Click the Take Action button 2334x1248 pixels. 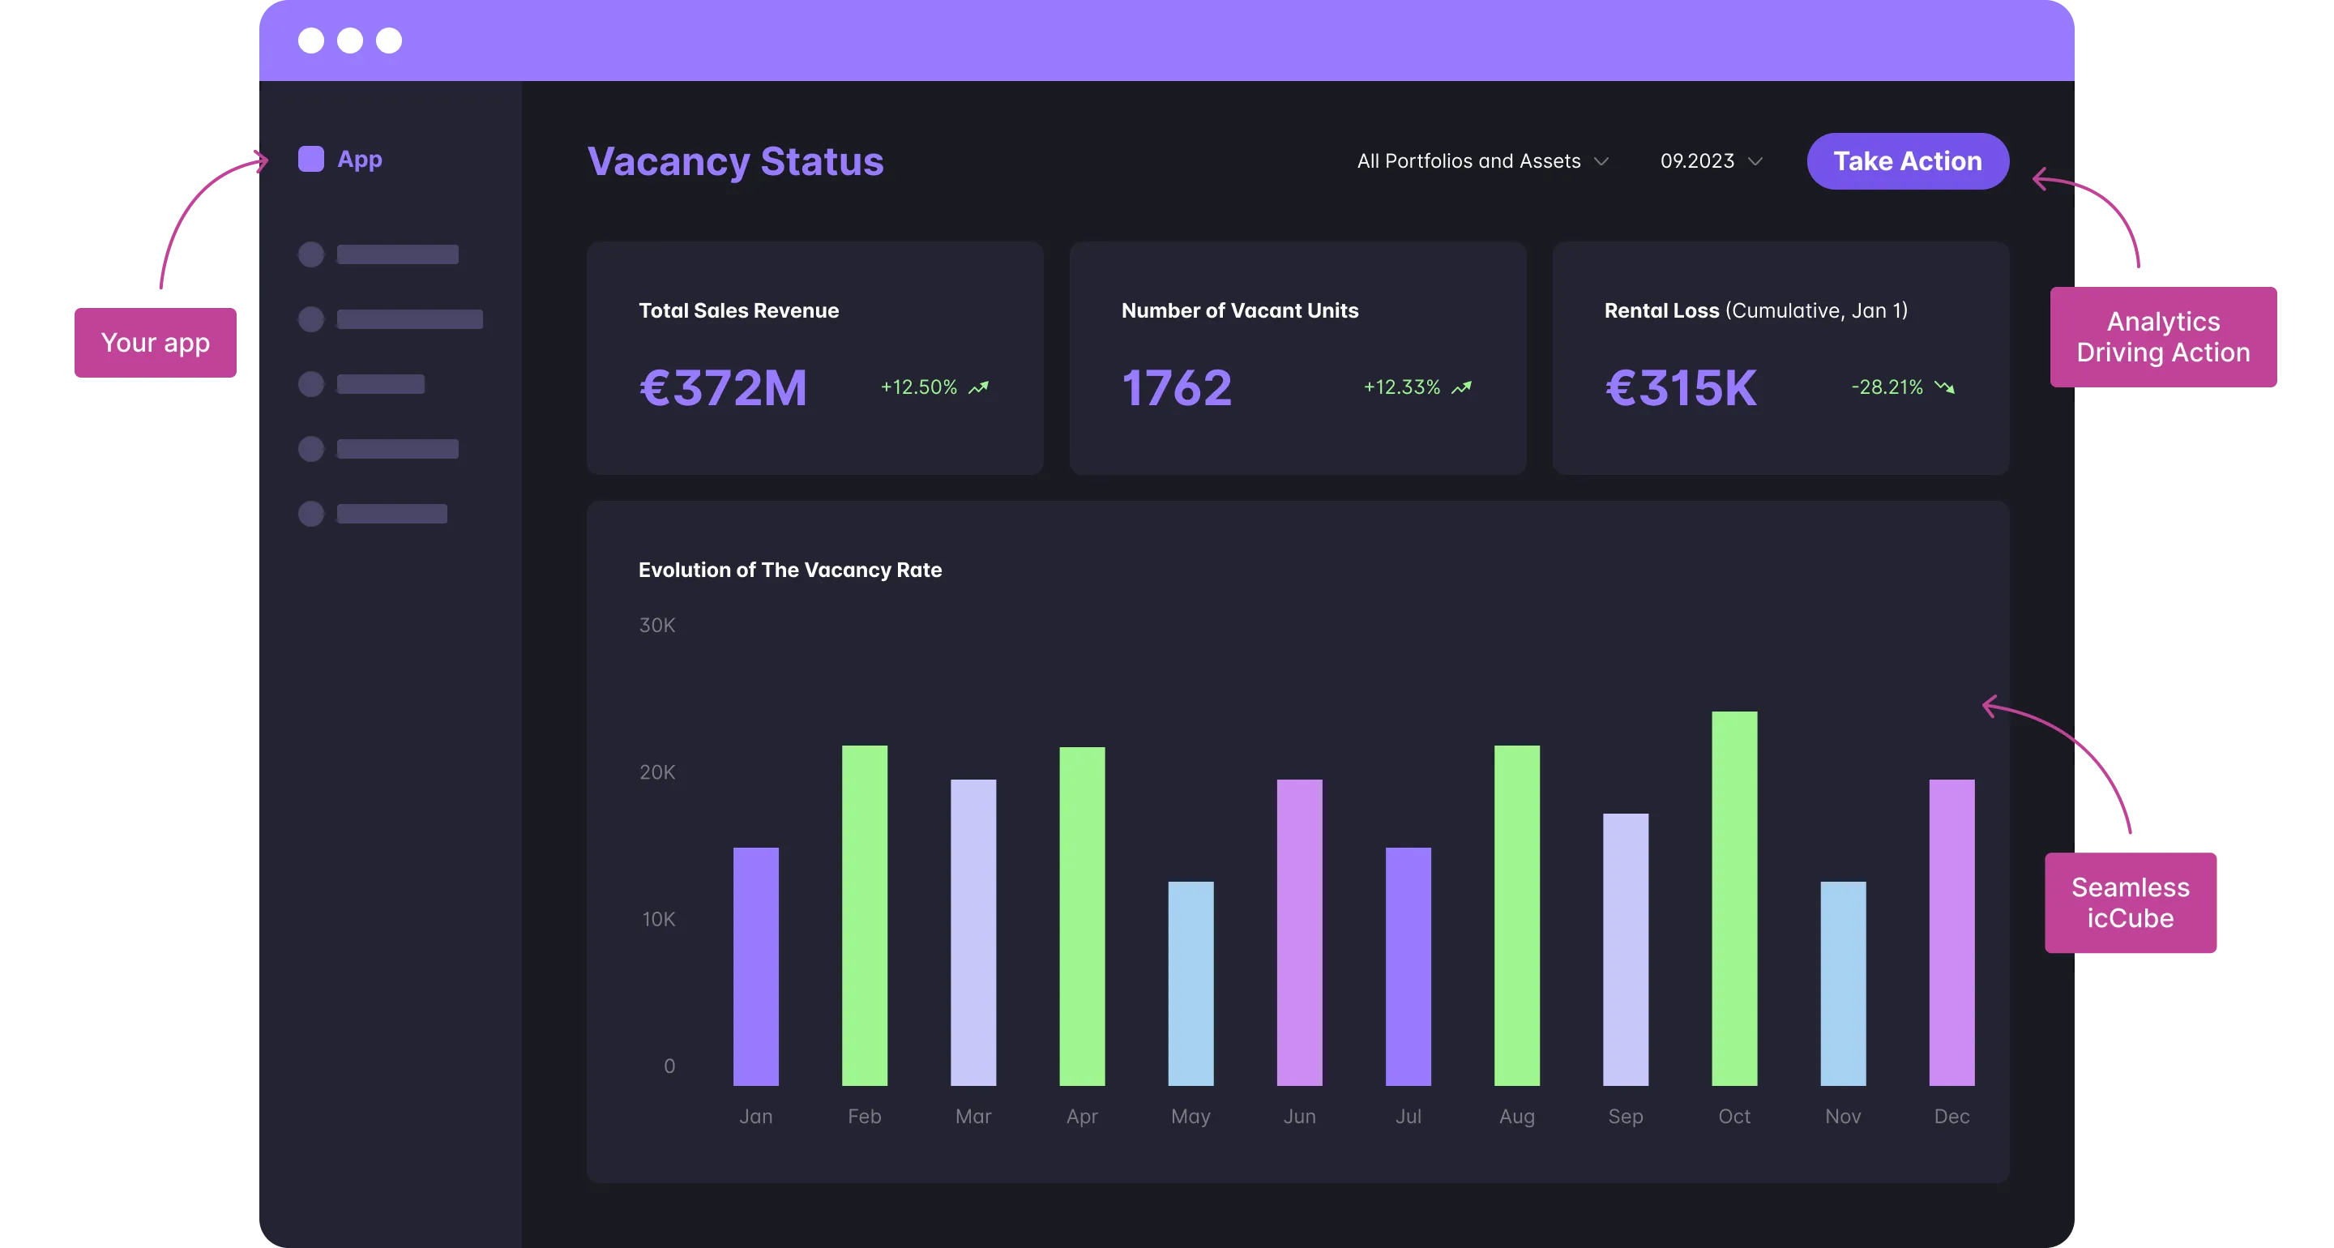pos(1907,161)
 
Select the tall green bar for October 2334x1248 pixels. pos(1734,897)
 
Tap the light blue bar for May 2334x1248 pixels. pos(1191,983)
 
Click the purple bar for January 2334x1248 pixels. pos(755,966)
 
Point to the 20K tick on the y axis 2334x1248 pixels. pos(657,772)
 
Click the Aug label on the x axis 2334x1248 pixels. pos(1517,1117)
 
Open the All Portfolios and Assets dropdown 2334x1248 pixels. pos(1482,161)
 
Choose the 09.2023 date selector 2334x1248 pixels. pos(1711,161)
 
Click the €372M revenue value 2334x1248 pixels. pos(723,388)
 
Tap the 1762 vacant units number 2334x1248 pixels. pos(1177,388)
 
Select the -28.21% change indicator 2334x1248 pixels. pos(1887,387)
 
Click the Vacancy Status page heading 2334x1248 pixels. pos(735,161)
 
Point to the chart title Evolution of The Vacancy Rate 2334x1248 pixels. pos(790,570)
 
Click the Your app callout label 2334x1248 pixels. pos(156,344)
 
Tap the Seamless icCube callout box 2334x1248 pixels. pos(2130,903)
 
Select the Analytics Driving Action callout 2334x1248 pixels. pos(2164,337)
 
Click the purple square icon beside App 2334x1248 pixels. pos(310,160)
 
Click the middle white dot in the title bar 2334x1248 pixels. pos(350,41)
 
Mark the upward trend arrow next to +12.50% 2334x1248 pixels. pos(978,388)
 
